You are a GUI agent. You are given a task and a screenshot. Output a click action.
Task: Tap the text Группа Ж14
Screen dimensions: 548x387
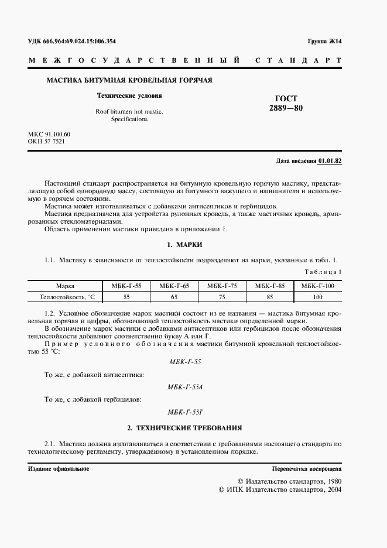[324, 42]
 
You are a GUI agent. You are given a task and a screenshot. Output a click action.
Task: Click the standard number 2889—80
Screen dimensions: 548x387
[286, 108]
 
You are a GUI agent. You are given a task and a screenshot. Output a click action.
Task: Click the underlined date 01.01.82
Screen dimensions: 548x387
[330, 160]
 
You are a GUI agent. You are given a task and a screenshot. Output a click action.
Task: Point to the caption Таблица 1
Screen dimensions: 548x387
[324, 272]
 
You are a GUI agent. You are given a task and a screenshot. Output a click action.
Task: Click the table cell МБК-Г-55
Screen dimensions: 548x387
[126, 286]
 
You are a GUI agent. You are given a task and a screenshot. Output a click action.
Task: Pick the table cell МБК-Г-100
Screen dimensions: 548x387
[317, 286]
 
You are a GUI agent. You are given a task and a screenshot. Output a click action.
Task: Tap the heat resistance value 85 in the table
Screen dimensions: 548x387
[270, 297]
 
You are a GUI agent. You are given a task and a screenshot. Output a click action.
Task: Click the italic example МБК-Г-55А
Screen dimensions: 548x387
[185, 387]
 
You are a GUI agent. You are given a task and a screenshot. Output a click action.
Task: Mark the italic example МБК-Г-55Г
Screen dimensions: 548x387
[185, 413]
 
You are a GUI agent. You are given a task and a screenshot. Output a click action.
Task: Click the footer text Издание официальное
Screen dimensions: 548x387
[59, 469]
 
